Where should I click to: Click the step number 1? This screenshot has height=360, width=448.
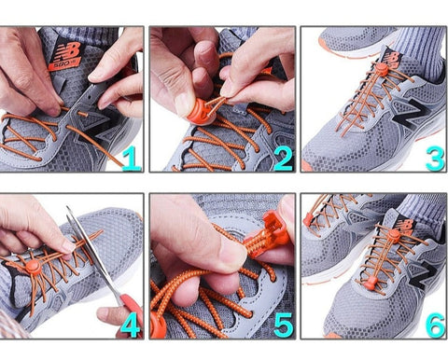[x=133, y=159]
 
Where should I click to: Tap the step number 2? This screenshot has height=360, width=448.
[x=283, y=159]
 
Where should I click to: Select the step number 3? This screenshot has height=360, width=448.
[x=435, y=159]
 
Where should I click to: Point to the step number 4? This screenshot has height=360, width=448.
[x=131, y=325]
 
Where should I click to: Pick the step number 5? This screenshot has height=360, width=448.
[x=284, y=325]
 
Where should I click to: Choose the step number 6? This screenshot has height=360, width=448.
[x=435, y=325]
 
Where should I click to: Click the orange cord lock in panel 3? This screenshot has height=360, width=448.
[x=381, y=69]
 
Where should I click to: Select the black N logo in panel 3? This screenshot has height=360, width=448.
[x=411, y=114]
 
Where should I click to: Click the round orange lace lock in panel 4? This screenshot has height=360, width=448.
[x=33, y=268]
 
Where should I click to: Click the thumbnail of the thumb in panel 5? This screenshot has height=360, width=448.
[x=232, y=251]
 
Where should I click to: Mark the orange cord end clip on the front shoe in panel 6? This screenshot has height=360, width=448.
[x=371, y=284]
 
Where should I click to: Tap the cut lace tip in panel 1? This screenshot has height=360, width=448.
[x=83, y=115]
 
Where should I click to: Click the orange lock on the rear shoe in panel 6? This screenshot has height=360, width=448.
[x=307, y=220]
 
